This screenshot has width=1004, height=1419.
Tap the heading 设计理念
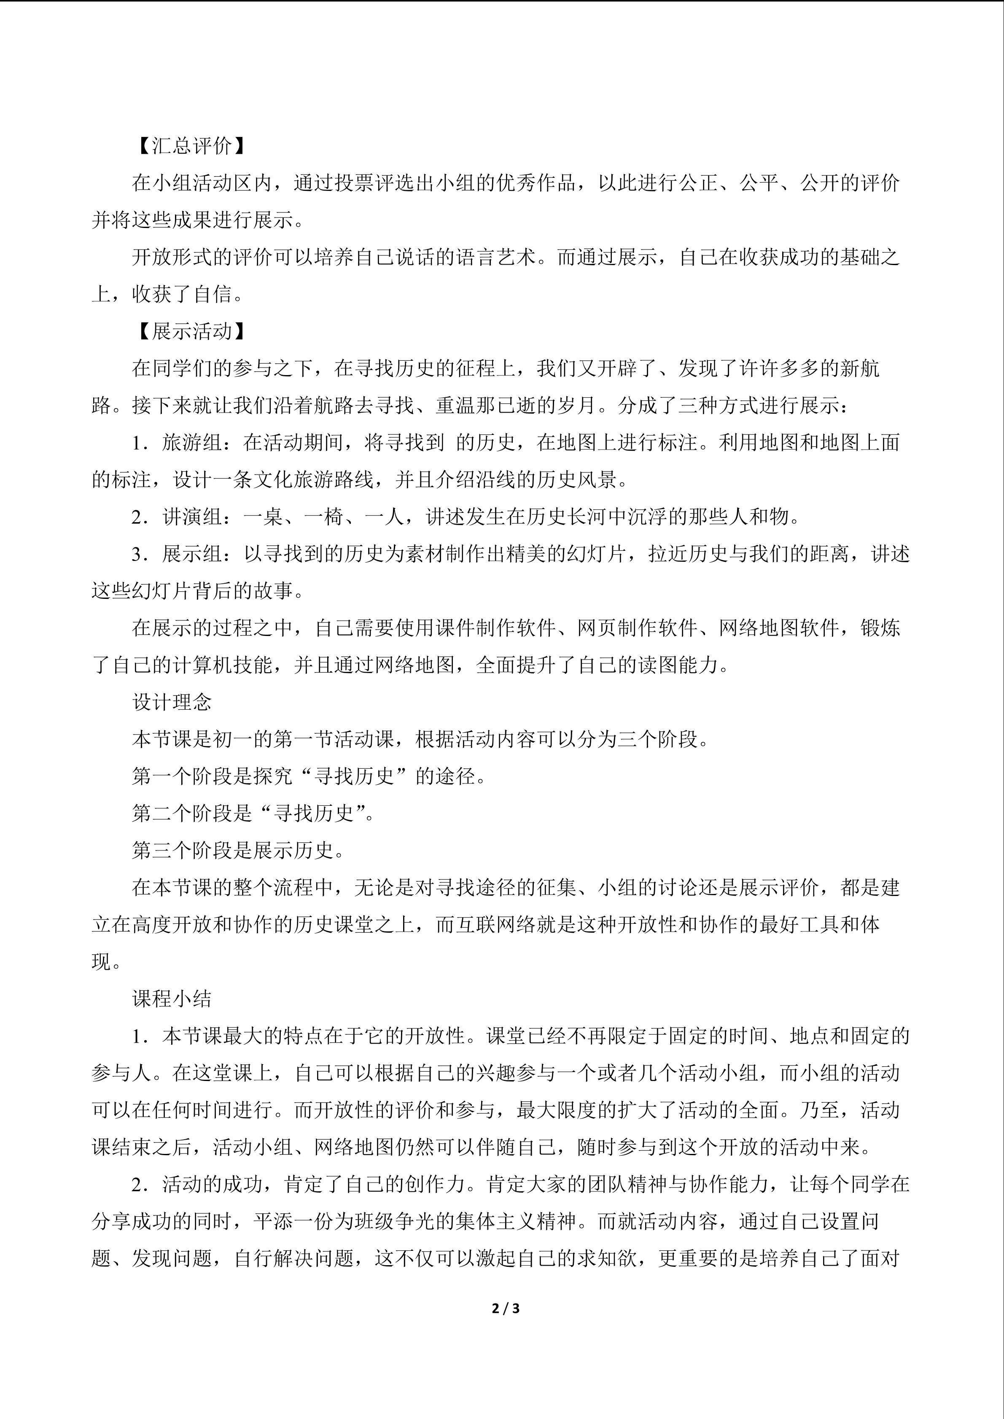pos(172,702)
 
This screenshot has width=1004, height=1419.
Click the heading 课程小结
pos(172,999)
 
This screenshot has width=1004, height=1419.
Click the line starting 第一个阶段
pos(309,776)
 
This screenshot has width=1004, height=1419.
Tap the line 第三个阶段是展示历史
pos(238,850)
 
